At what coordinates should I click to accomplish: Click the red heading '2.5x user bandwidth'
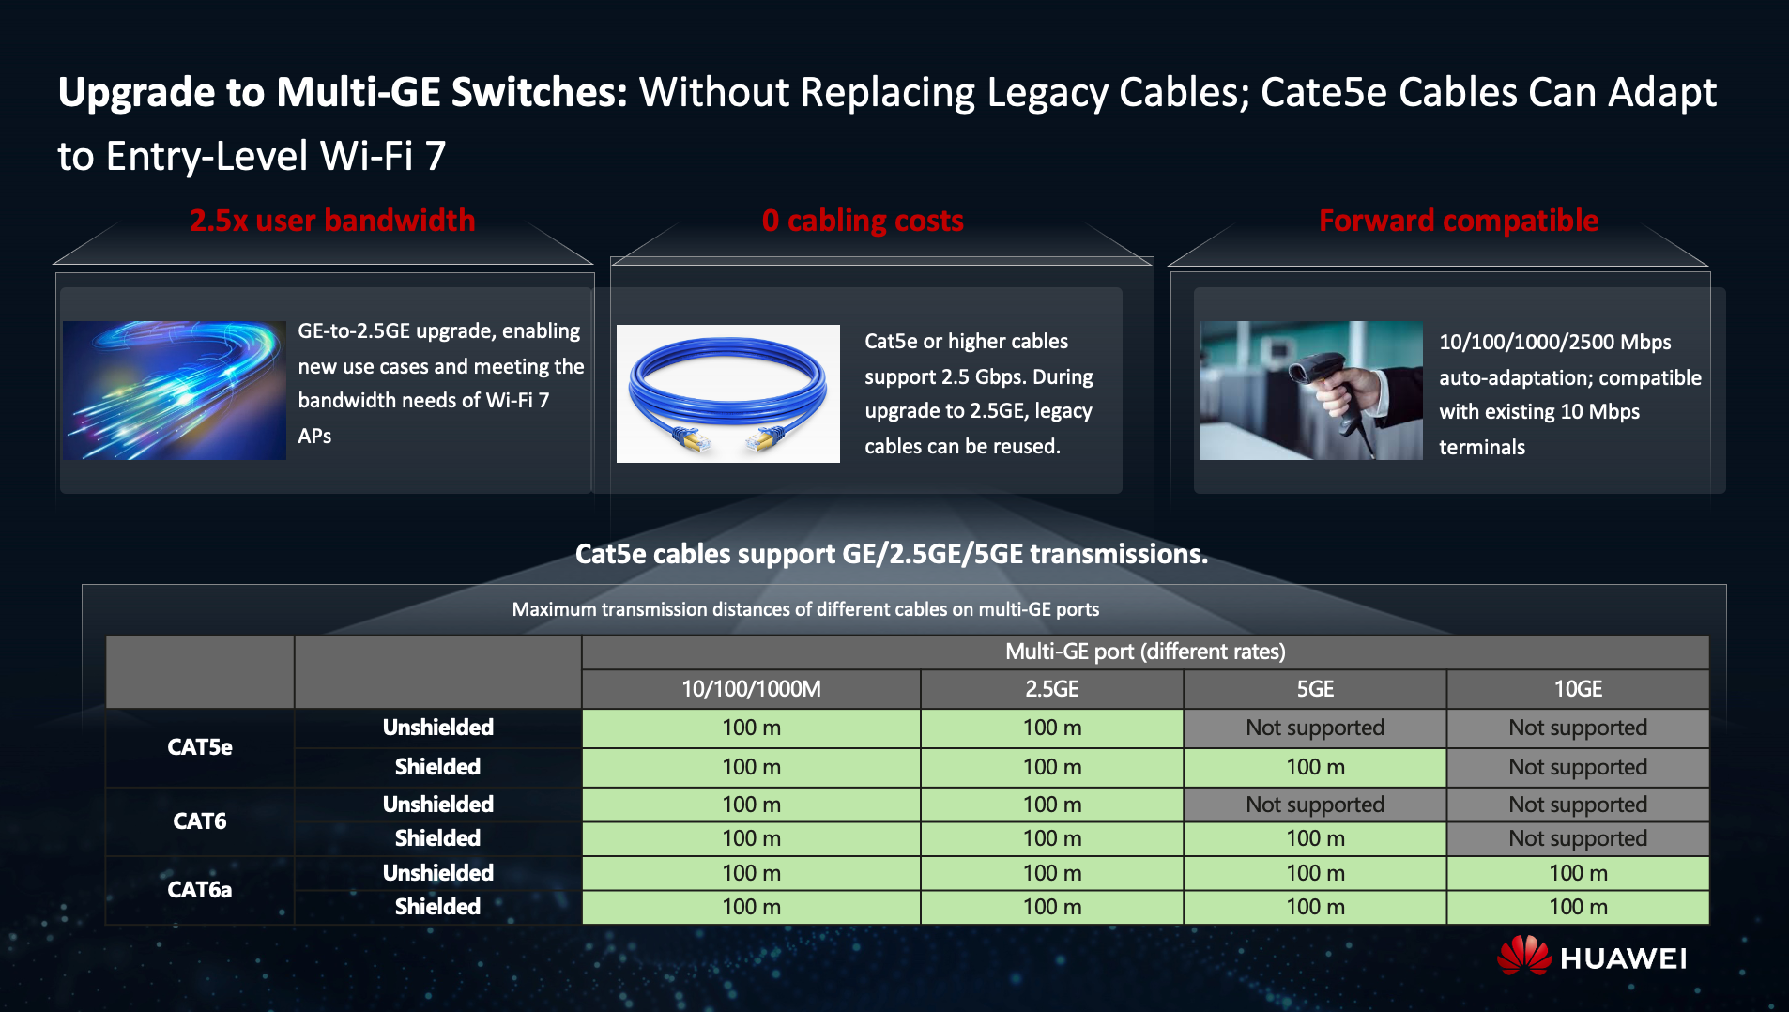(332, 221)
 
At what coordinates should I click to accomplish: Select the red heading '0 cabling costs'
(863, 221)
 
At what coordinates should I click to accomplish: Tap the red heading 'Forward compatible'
(1459, 221)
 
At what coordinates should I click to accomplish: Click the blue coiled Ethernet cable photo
(728, 393)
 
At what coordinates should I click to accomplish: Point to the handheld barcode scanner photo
(1311, 391)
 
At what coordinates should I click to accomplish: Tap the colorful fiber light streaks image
(175, 391)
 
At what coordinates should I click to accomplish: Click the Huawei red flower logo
(1523, 956)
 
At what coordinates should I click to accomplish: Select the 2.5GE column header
(1052, 689)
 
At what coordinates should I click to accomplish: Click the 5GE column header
(1315, 689)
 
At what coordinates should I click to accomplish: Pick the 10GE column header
(1578, 689)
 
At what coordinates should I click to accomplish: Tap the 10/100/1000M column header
(751, 689)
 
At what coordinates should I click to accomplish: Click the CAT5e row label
(200, 747)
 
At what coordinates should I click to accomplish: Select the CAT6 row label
(200, 821)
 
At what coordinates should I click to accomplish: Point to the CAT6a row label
(200, 890)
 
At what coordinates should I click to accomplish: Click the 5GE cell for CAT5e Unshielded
(1315, 728)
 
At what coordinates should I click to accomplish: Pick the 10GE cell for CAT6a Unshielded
(1578, 873)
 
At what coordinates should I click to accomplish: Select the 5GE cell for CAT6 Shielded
(1315, 838)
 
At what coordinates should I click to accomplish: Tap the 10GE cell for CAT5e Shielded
(1578, 767)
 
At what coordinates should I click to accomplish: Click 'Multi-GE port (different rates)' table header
(1145, 652)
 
